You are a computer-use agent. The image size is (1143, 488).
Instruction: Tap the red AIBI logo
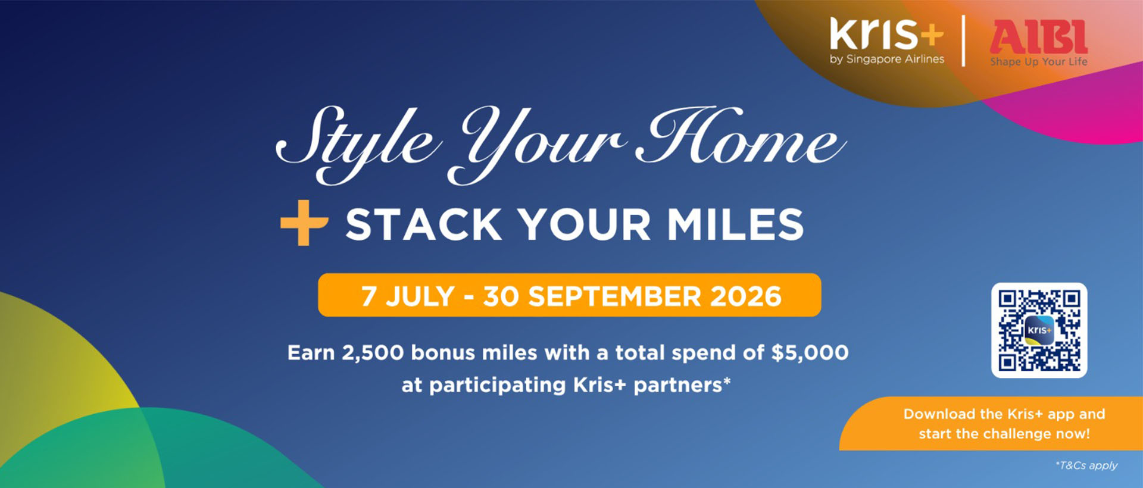(x=1039, y=36)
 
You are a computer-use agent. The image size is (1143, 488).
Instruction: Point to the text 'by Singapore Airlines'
(x=887, y=59)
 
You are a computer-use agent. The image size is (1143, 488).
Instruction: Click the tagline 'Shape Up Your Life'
(x=1039, y=61)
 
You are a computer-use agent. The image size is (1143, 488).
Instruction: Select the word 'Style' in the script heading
(x=357, y=143)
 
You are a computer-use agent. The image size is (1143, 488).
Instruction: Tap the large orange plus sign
(x=304, y=223)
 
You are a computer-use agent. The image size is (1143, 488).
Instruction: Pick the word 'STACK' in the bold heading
(x=424, y=224)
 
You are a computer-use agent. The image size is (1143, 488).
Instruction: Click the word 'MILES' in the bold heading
(x=735, y=224)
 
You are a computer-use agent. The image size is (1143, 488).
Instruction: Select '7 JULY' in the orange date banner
(x=408, y=296)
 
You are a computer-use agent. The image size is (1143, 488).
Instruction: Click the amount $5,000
(x=810, y=352)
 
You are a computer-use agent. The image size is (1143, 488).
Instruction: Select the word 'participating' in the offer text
(x=498, y=386)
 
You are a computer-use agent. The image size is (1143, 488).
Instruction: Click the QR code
(x=1039, y=330)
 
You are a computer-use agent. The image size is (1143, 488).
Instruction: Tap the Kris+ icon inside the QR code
(x=1039, y=330)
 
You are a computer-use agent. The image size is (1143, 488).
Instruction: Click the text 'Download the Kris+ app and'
(x=1004, y=414)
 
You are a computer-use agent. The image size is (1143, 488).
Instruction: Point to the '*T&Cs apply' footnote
(x=1086, y=465)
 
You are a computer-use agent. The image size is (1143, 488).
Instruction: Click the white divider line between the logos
(x=964, y=40)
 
